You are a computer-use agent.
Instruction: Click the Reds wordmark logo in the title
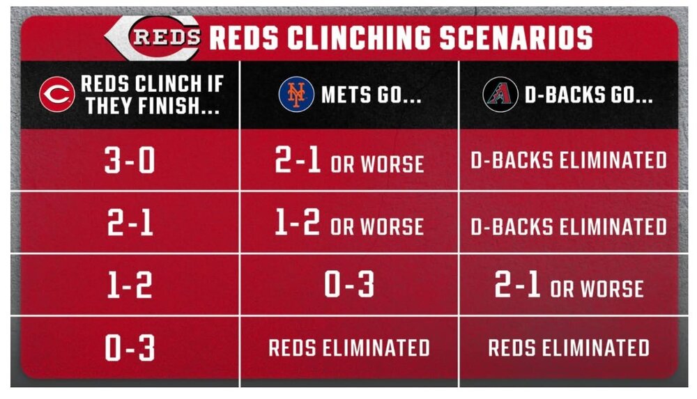coord(153,38)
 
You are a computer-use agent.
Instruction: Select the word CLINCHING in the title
coord(359,38)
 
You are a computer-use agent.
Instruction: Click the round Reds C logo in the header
coord(57,94)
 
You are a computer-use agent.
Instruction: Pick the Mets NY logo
coord(296,94)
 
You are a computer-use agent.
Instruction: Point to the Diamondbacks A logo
coord(500,94)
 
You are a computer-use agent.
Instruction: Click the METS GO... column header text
coord(372,95)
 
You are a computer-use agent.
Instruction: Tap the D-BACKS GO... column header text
coord(588,95)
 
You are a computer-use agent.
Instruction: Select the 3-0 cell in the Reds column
coord(130,160)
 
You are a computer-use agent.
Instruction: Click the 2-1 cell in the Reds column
coord(130,223)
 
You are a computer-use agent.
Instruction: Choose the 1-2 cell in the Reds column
coord(130,285)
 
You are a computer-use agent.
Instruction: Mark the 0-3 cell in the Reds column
coord(130,347)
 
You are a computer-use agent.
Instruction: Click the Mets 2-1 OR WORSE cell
coord(349,160)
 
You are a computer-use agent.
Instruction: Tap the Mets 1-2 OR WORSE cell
coord(349,223)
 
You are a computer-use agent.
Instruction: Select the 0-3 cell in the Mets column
coord(349,285)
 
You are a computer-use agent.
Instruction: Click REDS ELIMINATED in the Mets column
coord(349,347)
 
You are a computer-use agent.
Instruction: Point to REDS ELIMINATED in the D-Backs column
coord(569,347)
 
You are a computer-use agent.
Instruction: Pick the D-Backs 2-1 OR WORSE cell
coord(569,285)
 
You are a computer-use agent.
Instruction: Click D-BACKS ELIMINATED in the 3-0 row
coord(569,160)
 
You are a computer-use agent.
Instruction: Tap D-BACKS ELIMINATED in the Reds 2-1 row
coord(569,226)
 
